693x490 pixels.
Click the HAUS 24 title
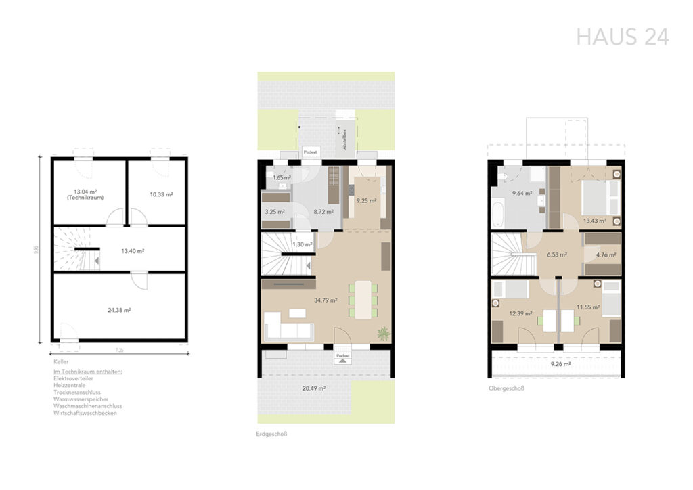(622, 37)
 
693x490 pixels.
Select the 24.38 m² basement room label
(118, 310)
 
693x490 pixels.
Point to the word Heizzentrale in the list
(70, 386)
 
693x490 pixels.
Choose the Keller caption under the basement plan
(61, 362)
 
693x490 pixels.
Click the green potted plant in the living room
(383, 333)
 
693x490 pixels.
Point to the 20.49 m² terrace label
(315, 388)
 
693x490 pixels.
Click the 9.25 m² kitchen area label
(366, 201)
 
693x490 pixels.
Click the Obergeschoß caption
(506, 389)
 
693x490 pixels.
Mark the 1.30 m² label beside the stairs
(302, 244)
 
